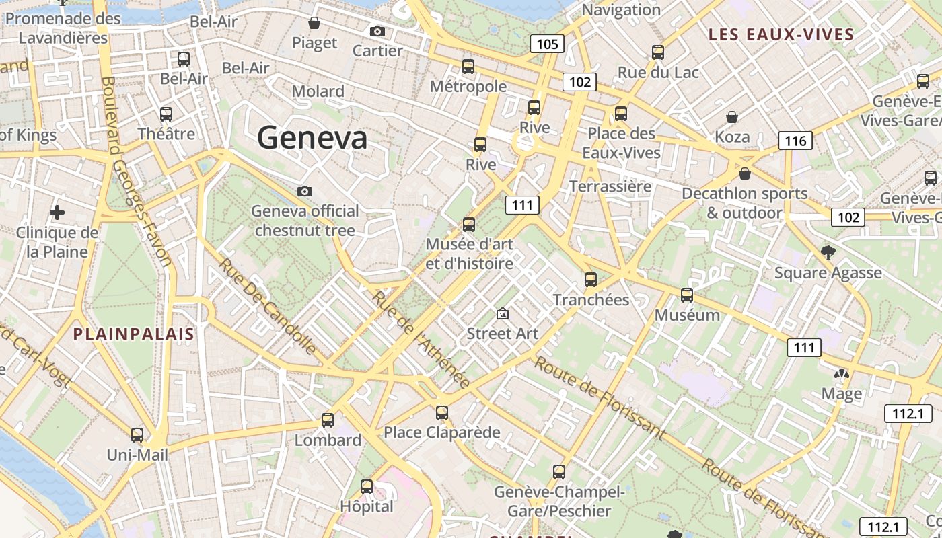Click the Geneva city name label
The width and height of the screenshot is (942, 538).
click(x=312, y=138)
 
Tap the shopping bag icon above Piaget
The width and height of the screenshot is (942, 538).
click(x=314, y=24)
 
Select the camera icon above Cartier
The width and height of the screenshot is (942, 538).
click(x=377, y=31)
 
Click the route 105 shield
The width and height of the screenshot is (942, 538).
click(x=547, y=44)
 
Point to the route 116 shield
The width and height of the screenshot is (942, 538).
click(x=795, y=141)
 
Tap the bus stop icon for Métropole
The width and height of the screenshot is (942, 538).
click(x=468, y=67)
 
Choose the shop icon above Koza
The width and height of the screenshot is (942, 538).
click(x=732, y=117)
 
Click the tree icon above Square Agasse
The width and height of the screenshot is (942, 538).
click(x=828, y=253)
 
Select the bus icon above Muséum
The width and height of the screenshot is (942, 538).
click(x=687, y=295)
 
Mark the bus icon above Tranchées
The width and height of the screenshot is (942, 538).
click(x=591, y=280)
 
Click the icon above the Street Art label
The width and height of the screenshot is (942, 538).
click(x=502, y=313)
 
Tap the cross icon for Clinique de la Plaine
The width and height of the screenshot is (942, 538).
click(x=57, y=213)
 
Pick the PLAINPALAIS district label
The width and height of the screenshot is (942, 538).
click(x=133, y=334)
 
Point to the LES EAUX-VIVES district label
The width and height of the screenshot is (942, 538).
click(x=781, y=34)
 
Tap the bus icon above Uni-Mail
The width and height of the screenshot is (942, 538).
click(x=137, y=435)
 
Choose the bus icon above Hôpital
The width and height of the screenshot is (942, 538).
click(x=367, y=486)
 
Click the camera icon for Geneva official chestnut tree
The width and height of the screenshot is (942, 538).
click(x=305, y=192)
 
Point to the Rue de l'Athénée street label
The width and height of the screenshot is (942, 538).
click(x=421, y=340)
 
